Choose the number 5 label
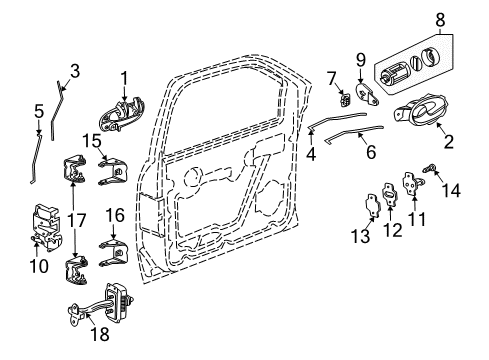(39, 110)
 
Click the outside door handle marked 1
(122, 109)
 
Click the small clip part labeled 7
(343, 98)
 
